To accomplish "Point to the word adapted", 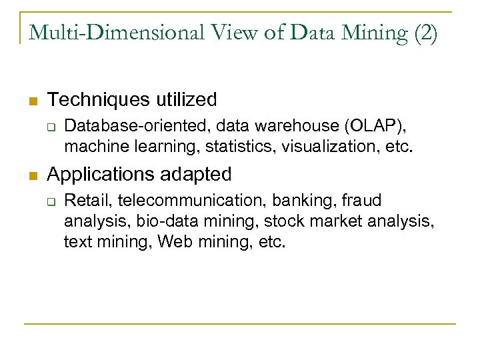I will [197, 175].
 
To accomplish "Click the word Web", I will [173, 241].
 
